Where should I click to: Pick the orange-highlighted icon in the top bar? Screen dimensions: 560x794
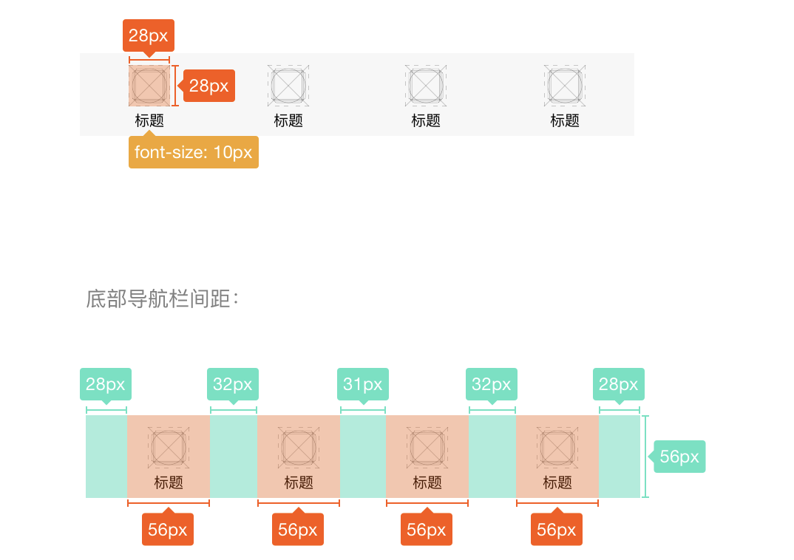pyautogui.click(x=149, y=86)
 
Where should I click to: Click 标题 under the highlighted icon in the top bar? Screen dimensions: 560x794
pyautogui.click(x=149, y=120)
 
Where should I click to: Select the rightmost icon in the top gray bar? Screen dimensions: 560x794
pyautogui.click(x=566, y=83)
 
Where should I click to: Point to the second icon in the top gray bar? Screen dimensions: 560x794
pyautogui.click(x=288, y=83)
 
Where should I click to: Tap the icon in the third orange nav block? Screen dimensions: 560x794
pyautogui.click(x=427, y=447)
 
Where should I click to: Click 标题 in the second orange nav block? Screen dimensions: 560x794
pyautogui.click(x=299, y=482)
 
